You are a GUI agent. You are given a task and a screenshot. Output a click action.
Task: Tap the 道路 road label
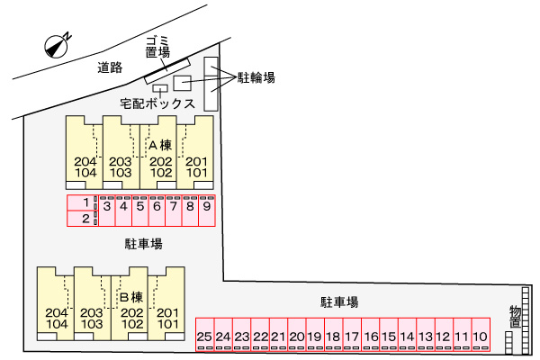(x=111, y=67)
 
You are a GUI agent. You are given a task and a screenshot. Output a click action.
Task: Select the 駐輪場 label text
(x=256, y=78)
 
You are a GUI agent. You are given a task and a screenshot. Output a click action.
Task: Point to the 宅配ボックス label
(x=158, y=104)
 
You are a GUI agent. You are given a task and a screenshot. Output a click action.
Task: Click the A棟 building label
(x=159, y=144)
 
